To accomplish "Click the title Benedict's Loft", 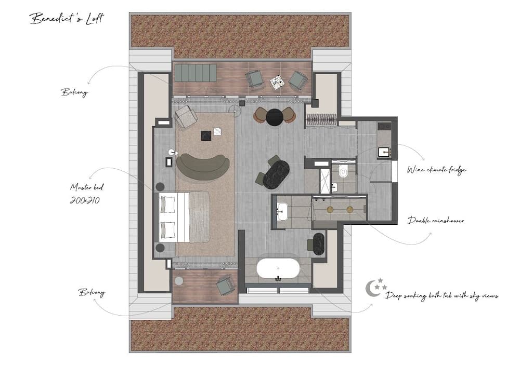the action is click(x=67, y=18).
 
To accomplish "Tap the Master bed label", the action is click(x=87, y=187).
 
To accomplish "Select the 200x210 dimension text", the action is click(x=85, y=200).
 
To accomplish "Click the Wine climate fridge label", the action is click(x=436, y=170).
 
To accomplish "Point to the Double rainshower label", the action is click(x=436, y=221).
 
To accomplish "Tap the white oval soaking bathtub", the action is click(x=278, y=268).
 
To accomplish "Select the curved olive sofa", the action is click(x=203, y=167).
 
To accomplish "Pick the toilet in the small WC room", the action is click(x=343, y=172).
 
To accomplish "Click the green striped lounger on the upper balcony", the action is click(x=196, y=73).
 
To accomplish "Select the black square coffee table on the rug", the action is click(x=206, y=135).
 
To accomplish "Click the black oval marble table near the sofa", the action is click(x=276, y=175).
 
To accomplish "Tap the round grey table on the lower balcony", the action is click(x=179, y=281).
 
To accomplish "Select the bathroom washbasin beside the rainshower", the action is click(x=282, y=211).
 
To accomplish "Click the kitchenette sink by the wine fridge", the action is click(x=385, y=152).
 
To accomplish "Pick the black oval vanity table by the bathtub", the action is click(x=319, y=244).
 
